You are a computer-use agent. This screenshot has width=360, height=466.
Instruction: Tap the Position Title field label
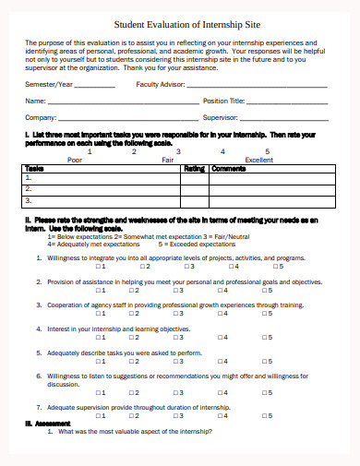(224, 101)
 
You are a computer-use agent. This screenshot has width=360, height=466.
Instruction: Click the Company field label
(40, 118)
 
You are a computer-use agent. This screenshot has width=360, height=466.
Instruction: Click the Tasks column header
(34, 169)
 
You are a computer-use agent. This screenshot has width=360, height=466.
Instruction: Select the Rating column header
(194, 169)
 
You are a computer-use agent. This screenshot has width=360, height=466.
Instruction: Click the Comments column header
(229, 169)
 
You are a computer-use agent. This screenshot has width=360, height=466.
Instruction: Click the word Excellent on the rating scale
(258, 159)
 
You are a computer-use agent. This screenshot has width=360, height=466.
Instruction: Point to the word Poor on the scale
(76, 159)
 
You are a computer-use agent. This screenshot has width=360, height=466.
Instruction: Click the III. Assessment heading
(42, 424)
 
